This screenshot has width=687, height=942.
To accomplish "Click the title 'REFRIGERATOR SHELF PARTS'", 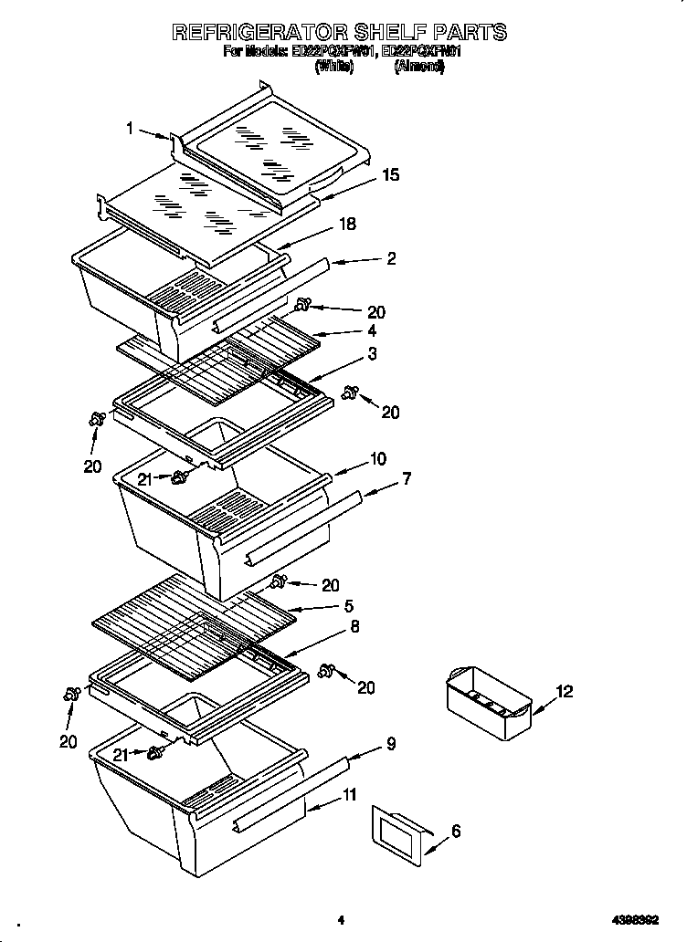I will pyautogui.click(x=339, y=33).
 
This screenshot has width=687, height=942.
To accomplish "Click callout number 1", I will pyautogui.click(x=130, y=129).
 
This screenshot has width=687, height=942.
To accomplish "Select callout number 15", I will pyautogui.click(x=390, y=175).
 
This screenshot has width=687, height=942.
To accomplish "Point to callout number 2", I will pyautogui.click(x=391, y=258).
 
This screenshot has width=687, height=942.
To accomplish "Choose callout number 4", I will pyautogui.click(x=371, y=331).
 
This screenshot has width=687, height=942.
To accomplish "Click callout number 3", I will pyautogui.click(x=371, y=353).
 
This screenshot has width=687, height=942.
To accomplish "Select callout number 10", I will pyautogui.click(x=377, y=458).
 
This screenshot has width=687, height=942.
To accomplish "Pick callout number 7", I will pyautogui.click(x=407, y=477).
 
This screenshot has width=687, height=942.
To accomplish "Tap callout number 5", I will pyautogui.click(x=348, y=605).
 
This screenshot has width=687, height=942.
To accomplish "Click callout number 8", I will pyautogui.click(x=354, y=627).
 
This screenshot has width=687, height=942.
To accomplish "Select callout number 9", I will pyautogui.click(x=391, y=744).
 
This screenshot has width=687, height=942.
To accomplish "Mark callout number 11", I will pyautogui.click(x=350, y=794).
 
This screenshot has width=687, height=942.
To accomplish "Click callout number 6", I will pyautogui.click(x=456, y=831).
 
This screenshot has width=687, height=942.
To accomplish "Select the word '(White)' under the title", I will pyautogui.click(x=333, y=68).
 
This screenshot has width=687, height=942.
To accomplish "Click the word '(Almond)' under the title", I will pyautogui.click(x=419, y=68).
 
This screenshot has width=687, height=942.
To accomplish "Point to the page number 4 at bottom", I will pyautogui.click(x=340, y=920).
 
